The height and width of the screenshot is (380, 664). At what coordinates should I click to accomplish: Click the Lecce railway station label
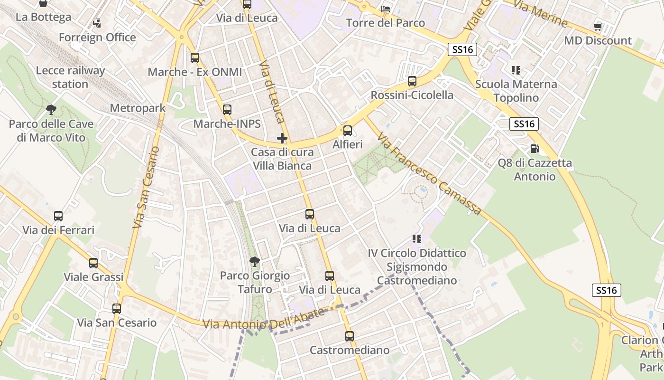click(x=70, y=77)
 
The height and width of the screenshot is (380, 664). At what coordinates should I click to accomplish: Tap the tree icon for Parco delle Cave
click(x=51, y=110)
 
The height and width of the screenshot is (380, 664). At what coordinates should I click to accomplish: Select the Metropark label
click(x=138, y=108)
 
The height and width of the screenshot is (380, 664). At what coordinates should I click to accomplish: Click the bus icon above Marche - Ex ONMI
click(x=195, y=58)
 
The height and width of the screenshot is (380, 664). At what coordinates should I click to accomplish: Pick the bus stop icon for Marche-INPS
click(x=227, y=110)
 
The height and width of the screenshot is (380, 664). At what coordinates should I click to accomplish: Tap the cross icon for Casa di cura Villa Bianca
click(x=282, y=138)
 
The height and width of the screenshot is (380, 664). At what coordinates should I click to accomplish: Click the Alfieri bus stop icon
click(x=348, y=131)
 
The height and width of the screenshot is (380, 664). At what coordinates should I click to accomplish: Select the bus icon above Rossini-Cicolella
click(x=412, y=81)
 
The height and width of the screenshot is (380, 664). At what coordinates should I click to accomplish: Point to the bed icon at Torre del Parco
click(x=386, y=9)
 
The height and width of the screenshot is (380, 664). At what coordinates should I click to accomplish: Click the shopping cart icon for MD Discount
click(x=598, y=27)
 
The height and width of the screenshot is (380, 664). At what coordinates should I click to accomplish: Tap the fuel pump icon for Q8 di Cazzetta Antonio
click(x=535, y=149)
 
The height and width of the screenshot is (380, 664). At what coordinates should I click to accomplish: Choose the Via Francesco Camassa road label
click(x=430, y=174)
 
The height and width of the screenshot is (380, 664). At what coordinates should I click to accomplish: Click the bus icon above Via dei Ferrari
click(x=58, y=216)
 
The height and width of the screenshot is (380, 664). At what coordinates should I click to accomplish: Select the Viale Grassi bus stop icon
click(x=93, y=263)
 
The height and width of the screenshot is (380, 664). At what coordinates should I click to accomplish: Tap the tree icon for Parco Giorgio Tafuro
click(x=255, y=261)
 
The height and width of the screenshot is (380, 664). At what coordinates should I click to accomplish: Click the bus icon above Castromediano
click(x=350, y=336)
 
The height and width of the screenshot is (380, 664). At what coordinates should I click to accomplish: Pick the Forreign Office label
click(x=97, y=37)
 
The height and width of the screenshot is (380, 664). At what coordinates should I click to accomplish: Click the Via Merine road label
click(x=540, y=15)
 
